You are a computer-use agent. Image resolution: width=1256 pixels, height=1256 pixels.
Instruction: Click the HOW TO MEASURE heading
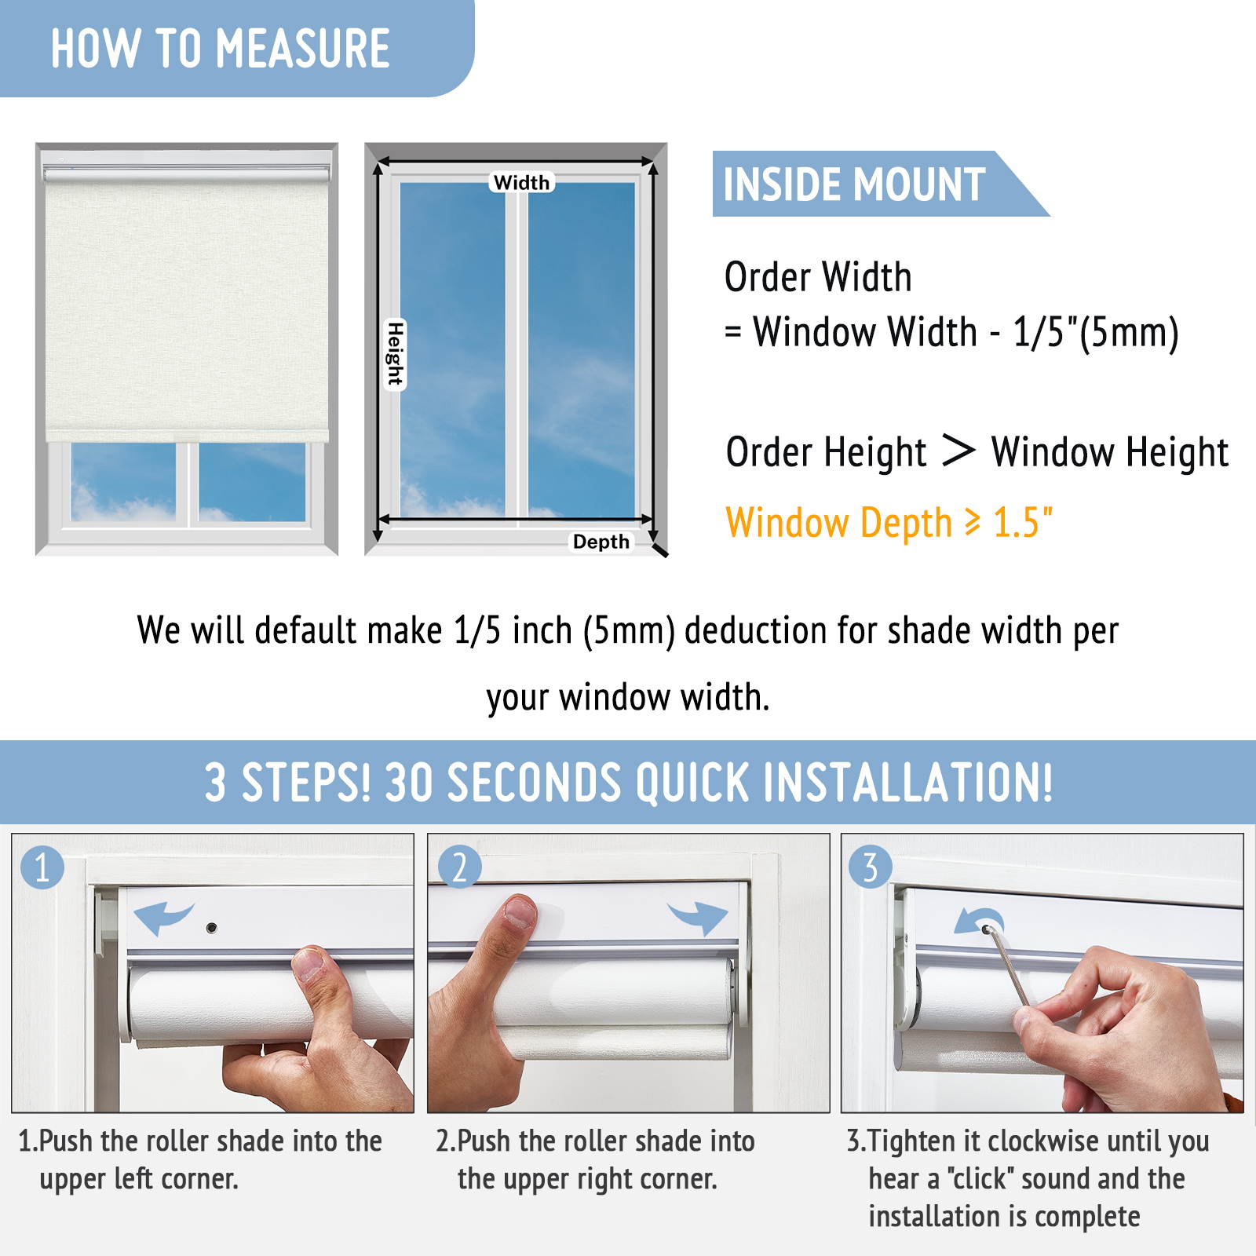pyautogui.click(x=221, y=49)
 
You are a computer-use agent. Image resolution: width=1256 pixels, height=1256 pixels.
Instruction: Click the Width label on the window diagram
pyautogui.click(x=522, y=182)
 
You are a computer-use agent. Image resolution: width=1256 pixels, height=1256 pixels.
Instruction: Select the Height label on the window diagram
pyautogui.click(x=395, y=354)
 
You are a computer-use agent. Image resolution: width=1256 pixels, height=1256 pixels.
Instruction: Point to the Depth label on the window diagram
pyautogui.click(x=601, y=542)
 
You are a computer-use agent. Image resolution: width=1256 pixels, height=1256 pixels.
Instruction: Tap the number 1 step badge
pyautogui.click(x=42, y=867)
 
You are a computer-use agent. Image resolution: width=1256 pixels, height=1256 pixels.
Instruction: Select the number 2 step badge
pyautogui.click(x=459, y=867)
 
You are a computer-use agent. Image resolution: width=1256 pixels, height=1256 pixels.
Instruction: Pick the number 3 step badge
pyautogui.click(x=871, y=867)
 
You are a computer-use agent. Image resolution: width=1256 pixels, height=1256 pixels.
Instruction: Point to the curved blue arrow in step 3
pyautogui.click(x=978, y=921)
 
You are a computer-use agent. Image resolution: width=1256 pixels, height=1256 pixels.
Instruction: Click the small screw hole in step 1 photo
pyautogui.click(x=211, y=928)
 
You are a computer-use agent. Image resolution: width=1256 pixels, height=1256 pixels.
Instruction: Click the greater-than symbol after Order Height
pyautogui.click(x=958, y=451)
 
